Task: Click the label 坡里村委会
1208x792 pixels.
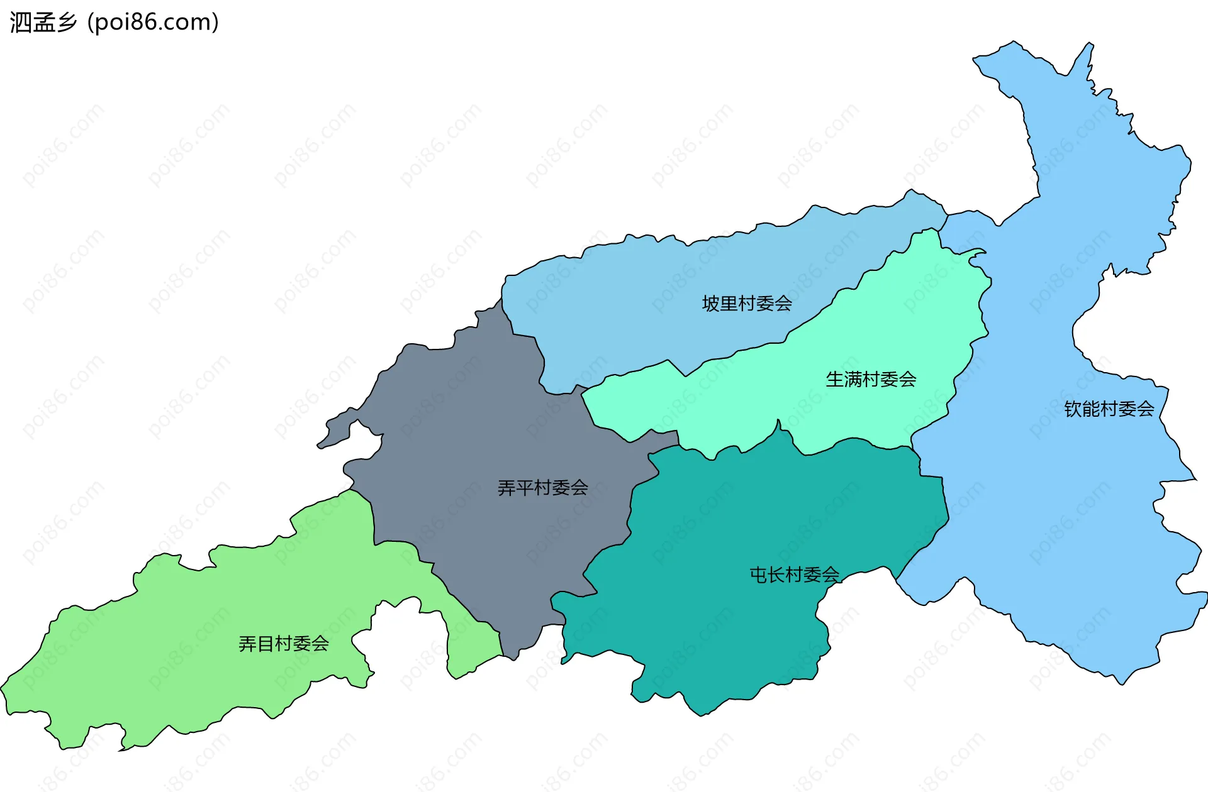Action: click(747, 304)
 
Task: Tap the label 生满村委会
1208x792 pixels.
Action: click(871, 379)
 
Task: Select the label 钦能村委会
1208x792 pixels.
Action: click(1109, 409)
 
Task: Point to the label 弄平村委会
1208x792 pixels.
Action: click(542, 488)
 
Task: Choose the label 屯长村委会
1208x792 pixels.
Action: click(794, 575)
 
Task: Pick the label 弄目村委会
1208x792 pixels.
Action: click(284, 644)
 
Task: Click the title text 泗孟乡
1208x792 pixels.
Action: click(43, 22)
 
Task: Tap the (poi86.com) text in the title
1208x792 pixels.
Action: click(153, 22)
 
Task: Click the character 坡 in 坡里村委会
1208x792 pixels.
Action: click(711, 304)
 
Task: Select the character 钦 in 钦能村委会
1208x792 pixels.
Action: click(1073, 409)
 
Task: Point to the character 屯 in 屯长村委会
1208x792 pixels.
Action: click(758, 575)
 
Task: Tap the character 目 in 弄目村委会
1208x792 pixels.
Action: click(266, 644)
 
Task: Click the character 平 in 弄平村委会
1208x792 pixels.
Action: click(524, 488)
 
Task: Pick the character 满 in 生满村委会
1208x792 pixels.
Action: click(853, 379)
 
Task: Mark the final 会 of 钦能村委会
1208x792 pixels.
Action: click(1145, 409)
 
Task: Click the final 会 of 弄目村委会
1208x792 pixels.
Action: click(320, 644)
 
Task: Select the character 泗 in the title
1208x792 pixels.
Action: click(20, 22)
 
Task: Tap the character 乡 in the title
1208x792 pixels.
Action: click(66, 22)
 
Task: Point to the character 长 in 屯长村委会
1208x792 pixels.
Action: click(776, 575)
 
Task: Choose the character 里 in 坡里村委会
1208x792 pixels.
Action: click(729, 304)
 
